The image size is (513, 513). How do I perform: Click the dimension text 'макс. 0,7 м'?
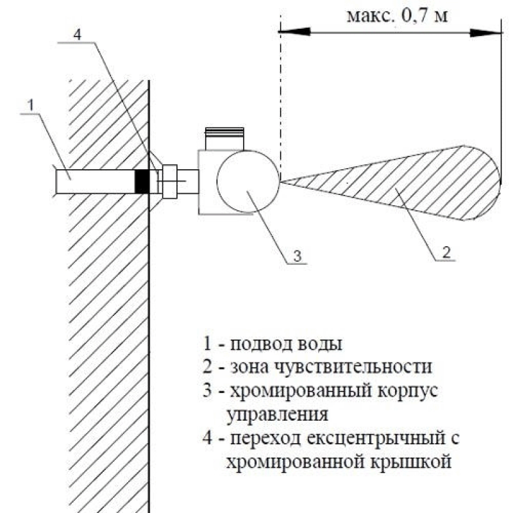pos(396,15)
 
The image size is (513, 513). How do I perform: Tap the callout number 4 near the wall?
pos(77,34)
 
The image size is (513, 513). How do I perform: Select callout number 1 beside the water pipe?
pos(31,105)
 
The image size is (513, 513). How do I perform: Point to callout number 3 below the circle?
pos(297,255)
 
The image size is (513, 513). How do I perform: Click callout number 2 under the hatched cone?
pos(446,252)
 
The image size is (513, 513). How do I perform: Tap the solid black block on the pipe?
pos(142,181)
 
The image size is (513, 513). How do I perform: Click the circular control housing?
pos(248,181)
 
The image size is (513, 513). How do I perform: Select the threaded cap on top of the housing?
pos(224,138)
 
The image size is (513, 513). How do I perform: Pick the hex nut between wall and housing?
pos(169,181)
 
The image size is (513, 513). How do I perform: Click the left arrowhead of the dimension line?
pos(294,31)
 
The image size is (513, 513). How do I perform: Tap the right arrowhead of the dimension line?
pos(485,33)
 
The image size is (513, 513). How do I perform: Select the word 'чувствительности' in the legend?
pos(353,367)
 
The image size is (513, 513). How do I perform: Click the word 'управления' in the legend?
pos(278,415)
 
